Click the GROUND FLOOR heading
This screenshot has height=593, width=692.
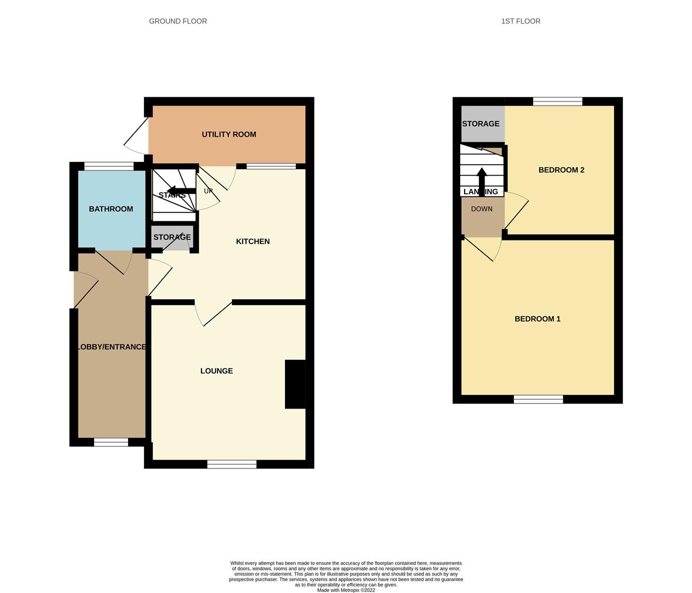point(178,21)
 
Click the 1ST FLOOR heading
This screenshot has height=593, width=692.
point(521,21)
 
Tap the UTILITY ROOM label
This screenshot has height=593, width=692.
point(229,134)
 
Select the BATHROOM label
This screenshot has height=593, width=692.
point(111,209)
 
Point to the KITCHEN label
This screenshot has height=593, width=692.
point(253,241)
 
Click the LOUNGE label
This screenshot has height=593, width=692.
point(216,371)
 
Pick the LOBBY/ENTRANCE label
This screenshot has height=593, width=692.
point(111,346)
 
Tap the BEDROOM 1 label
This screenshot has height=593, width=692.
point(537,318)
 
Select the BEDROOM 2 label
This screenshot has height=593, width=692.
point(561,170)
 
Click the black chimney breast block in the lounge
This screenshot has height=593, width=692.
point(295,384)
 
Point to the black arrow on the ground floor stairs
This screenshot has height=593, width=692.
point(181,191)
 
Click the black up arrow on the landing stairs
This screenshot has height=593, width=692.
point(482,182)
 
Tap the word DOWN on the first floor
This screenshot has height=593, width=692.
point(482,209)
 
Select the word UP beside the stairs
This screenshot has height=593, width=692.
point(208,191)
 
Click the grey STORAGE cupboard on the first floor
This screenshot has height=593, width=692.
point(483,124)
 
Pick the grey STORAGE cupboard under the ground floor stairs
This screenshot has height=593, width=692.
point(172,237)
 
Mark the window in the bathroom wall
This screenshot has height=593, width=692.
point(109,166)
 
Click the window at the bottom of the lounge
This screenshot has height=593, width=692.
point(232,464)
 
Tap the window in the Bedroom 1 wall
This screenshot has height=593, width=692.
point(538,399)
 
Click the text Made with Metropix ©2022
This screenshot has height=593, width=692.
point(346,590)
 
